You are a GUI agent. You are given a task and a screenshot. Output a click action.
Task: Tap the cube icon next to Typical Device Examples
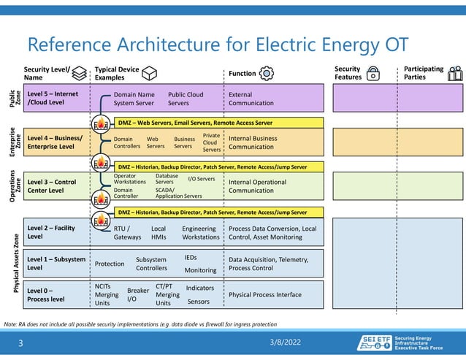pyautogui.click(x=150, y=73)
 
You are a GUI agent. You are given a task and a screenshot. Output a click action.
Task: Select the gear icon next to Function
pyautogui.click(x=267, y=73)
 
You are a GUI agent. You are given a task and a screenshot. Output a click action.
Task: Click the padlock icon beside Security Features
pyautogui.click(x=373, y=73)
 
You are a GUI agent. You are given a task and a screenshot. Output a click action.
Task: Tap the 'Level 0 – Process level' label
pyautogui.click(x=46, y=295)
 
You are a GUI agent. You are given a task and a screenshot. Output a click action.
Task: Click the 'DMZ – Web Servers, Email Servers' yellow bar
pyautogui.click(x=195, y=123)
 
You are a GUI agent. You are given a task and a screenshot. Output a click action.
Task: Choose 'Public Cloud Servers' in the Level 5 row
pyautogui.click(x=186, y=99)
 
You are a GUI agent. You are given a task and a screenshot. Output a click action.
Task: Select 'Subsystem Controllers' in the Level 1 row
pyautogui.click(x=152, y=264)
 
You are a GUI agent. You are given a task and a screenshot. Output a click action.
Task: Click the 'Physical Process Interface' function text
pyautogui.click(x=264, y=295)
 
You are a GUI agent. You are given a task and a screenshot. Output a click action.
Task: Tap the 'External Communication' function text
pyautogui.click(x=251, y=99)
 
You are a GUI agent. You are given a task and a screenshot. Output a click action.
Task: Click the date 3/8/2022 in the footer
pyautogui.click(x=283, y=342)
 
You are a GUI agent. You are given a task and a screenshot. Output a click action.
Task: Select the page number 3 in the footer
pyautogui.click(x=21, y=342)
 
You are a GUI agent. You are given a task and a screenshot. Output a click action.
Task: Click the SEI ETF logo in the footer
pyautogui.click(x=374, y=342)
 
